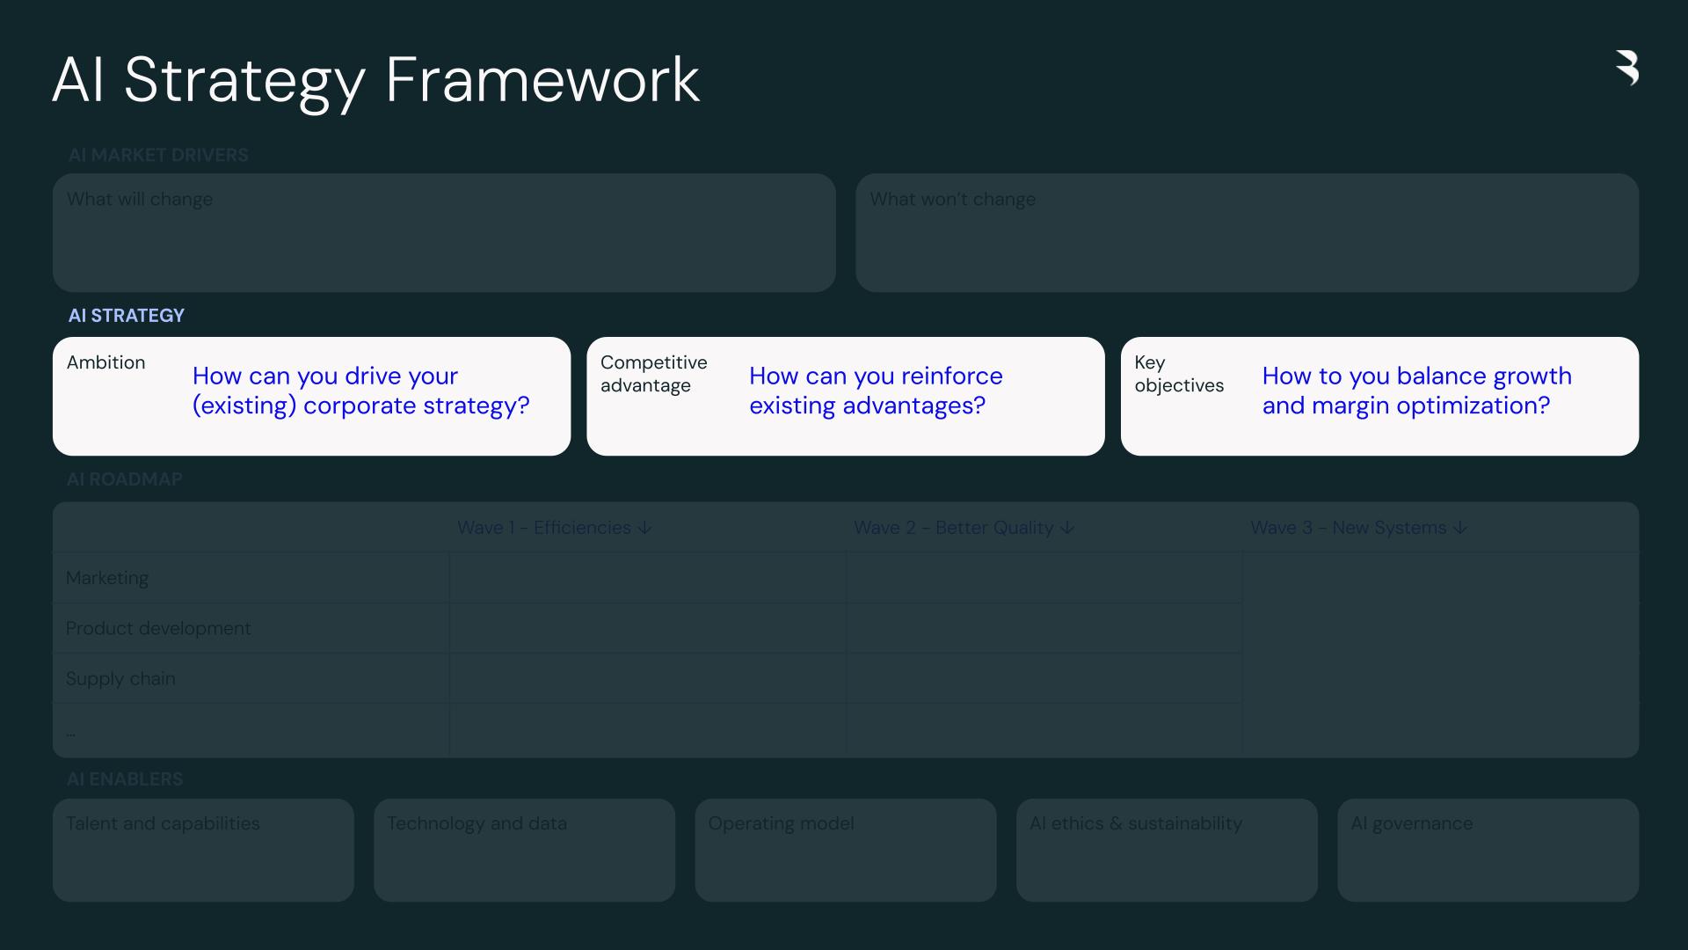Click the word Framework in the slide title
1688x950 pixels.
(542, 80)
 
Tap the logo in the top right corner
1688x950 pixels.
(1627, 68)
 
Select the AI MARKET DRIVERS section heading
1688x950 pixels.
(158, 155)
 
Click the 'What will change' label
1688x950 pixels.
(140, 199)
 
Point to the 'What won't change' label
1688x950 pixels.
(952, 199)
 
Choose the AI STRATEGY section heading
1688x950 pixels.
(127, 315)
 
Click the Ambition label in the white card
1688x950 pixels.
(106, 362)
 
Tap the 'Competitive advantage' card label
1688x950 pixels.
(653, 374)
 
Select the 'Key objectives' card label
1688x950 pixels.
(1178, 374)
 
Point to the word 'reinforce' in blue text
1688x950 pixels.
(951, 376)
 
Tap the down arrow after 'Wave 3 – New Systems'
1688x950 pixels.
(1460, 528)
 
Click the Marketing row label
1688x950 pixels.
(107, 578)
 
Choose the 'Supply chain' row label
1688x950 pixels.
(120, 678)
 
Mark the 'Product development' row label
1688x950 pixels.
(158, 628)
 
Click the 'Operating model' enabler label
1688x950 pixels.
(781, 823)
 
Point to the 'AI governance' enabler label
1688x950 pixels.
(1411, 823)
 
